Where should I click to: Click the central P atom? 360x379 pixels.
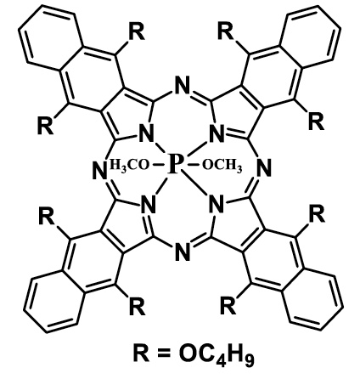point(176,165)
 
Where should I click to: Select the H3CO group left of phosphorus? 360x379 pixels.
point(129,165)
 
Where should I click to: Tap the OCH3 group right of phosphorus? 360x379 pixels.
point(222,166)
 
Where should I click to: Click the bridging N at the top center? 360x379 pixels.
point(183,86)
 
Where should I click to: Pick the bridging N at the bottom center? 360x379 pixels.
point(182,252)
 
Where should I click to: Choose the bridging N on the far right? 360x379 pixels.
point(264,169)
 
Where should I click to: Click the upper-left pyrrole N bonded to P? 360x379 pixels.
point(146,134)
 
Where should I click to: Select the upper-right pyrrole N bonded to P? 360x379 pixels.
point(217,134)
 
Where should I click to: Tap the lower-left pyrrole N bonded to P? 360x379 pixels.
point(149,205)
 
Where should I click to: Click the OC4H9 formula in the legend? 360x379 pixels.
point(217,355)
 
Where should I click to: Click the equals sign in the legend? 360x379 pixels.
point(164,354)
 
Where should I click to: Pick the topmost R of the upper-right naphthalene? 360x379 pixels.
point(226,31)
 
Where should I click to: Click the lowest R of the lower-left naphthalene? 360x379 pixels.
point(138,307)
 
